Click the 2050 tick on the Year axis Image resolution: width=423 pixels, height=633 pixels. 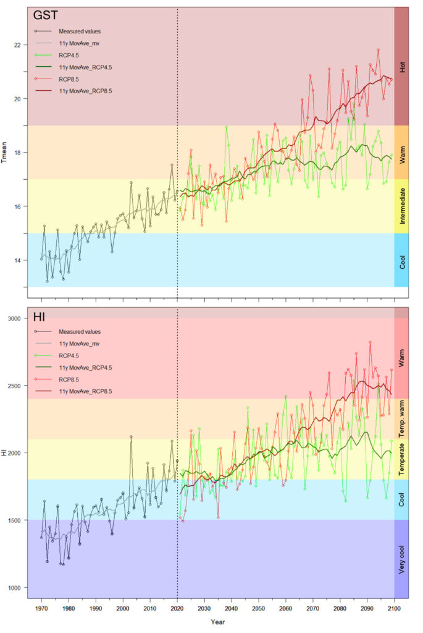259,608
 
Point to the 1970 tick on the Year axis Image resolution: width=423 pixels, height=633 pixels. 42,608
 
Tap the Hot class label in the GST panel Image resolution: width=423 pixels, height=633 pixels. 402,67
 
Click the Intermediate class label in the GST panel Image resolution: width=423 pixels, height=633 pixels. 402,206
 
